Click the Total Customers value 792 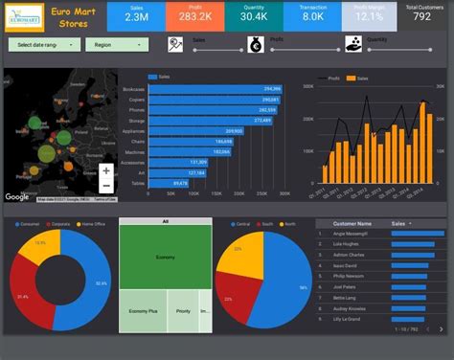[421, 17]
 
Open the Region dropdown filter [116, 45]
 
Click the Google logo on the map [17, 197]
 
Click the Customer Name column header [352, 223]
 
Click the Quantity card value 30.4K [254, 17]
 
